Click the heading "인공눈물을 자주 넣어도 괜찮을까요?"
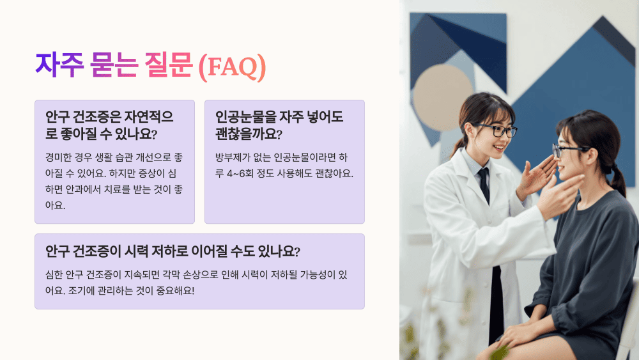pos(280,125)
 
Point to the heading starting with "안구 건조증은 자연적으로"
pos(109,125)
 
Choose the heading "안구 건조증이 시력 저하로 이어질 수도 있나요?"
pos(173,250)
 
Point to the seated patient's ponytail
pos(617,180)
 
